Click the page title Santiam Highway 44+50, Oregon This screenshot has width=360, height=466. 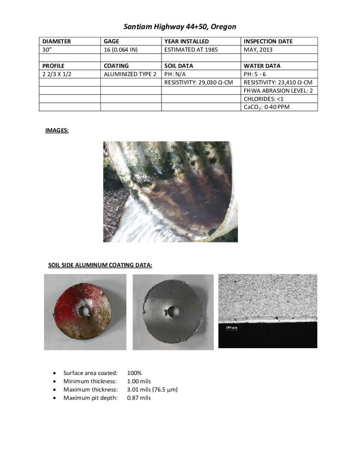(180, 27)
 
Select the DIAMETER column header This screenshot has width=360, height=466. (56, 41)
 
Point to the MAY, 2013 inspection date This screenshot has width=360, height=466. (260, 50)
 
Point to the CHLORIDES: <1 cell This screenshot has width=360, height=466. (264, 99)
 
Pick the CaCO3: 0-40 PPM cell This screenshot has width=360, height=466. (267, 107)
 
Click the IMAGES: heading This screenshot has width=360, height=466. (57, 131)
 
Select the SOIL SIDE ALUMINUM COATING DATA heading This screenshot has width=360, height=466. (100, 265)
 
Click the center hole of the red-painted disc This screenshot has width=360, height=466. (84, 311)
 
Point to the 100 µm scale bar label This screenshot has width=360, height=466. (233, 327)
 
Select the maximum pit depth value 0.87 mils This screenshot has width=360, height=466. (139, 398)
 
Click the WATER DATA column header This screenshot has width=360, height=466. (262, 66)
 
